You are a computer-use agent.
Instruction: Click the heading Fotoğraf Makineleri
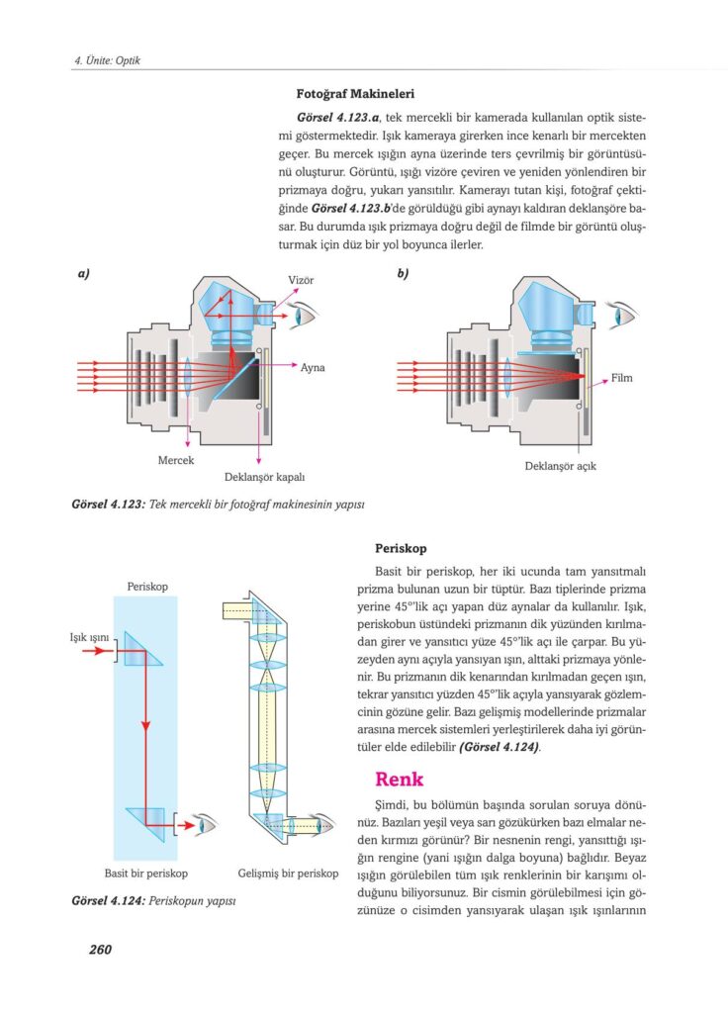point(348,95)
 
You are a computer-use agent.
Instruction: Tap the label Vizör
point(301,281)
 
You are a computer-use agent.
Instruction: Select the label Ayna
point(313,368)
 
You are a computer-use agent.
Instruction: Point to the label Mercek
point(175,461)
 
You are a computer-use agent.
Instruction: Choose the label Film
point(621,379)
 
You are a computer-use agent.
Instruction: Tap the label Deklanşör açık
point(560,465)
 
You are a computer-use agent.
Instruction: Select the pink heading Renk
point(399,779)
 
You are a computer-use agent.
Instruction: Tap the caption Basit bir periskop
point(145,874)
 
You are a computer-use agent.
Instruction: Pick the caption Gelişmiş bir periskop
point(288,874)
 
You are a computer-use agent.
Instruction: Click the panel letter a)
point(84,274)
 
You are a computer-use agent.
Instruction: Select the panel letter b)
point(404,274)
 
